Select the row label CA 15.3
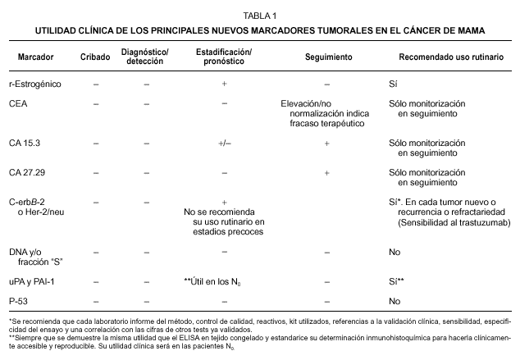coord(24,144)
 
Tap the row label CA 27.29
coord(26,173)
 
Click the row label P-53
coord(19,301)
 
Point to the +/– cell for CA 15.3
coord(224,144)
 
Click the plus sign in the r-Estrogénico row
coord(224,84)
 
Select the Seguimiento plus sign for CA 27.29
coord(326,173)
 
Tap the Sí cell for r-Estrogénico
coord(394,84)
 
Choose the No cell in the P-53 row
coord(395,301)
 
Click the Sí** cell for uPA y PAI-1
coord(397,281)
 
